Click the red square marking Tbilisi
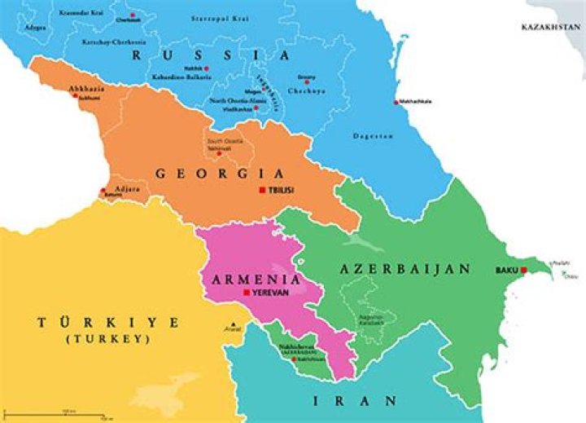[261, 190]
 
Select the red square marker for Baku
[524, 270]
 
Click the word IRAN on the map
[356, 400]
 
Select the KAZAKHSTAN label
[553, 28]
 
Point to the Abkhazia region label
[86, 87]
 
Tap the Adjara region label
[117, 187]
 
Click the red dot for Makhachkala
[396, 102]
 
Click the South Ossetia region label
[218, 143]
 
